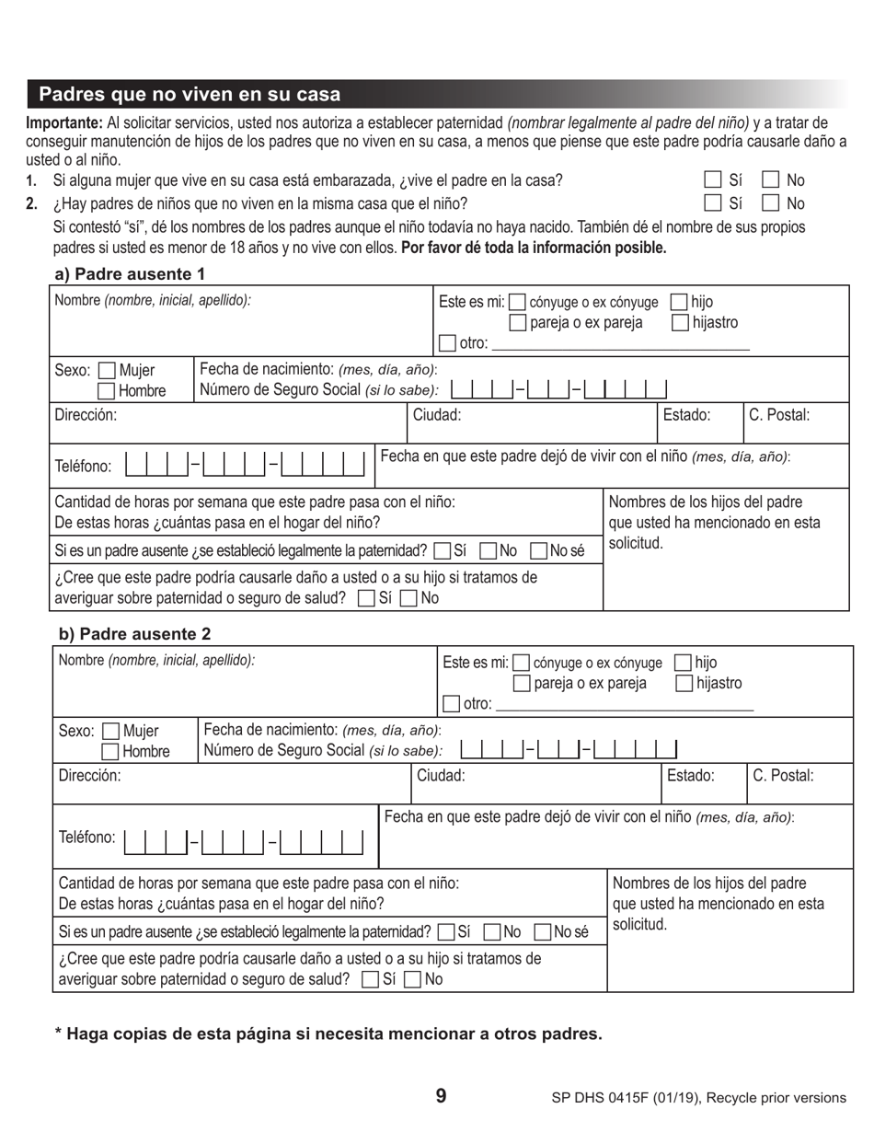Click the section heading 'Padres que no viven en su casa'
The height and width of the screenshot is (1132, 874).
click(x=190, y=94)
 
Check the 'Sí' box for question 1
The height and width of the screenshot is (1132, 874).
click(x=713, y=180)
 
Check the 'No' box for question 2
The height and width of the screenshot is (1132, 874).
click(x=771, y=203)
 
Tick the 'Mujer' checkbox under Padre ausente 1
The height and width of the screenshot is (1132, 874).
click(x=107, y=371)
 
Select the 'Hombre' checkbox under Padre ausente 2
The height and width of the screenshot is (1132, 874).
click(x=110, y=752)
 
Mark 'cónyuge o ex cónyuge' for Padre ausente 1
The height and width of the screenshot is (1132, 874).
click(x=517, y=302)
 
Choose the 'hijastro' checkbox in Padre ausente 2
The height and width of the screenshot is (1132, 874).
click(x=684, y=683)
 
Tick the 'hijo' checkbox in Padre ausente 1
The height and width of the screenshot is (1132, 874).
click(x=679, y=302)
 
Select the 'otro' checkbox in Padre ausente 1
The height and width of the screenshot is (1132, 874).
click(x=447, y=343)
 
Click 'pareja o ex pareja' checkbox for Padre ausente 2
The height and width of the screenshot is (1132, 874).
click(x=521, y=683)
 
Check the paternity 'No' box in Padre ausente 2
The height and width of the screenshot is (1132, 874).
click(x=491, y=931)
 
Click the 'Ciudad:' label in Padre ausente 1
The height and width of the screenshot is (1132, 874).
click(x=437, y=415)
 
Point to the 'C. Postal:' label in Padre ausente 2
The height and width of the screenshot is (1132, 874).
click(x=783, y=776)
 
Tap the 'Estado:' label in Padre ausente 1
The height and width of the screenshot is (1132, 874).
click(x=686, y=415)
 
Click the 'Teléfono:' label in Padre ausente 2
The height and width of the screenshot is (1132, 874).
click(x=87, y=837)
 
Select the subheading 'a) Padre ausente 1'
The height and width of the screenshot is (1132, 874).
click(x=130, y=273)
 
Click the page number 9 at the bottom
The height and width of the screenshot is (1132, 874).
click(x=441, y=1096)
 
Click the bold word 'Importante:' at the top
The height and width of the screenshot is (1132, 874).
click(x=64, y=123)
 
